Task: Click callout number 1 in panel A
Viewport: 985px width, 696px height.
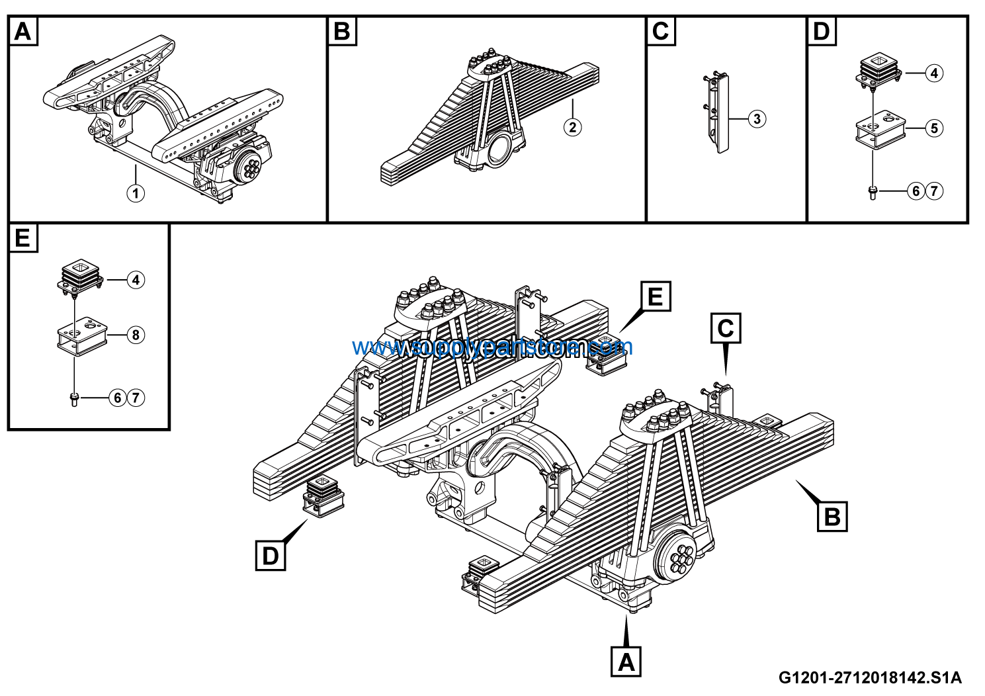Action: pyautogui.click(x=135, y=193)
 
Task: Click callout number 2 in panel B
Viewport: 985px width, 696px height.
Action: pyautogui.click(x=573, y=126)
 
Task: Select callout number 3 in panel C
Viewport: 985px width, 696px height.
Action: pyautogui.click(x=757, y=119)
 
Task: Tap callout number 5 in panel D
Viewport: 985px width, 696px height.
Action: pyautogui.click(x=933, y=128)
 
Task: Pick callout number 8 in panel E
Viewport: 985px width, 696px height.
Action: pyautogui.click(x=135, y=335)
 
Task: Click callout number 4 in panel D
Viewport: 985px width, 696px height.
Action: pyautogui.click(x=933, y=73)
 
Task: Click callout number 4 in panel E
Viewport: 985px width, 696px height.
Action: pyautogui.click(x=135, y=280)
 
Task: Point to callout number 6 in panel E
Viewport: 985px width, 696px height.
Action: pyautogui.click(x=118, y=398)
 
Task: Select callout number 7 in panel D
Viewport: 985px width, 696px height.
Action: pyautogui.click(x=933, y=191)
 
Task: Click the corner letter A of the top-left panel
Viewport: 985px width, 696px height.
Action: pyautogui.click(x=23, y=31)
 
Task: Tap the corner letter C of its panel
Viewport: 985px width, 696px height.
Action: pyautogui.click(x=661, y=31)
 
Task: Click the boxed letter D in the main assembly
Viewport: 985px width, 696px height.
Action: pyautogui.click(x=271, y=556)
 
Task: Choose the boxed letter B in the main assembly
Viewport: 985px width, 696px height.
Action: pyautogui.click(x=832, y=516)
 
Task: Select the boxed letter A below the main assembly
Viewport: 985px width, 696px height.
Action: pyautogui.click(x=626, y=661)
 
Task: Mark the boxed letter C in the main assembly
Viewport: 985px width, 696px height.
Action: pyautogui.click(x=726, y=328)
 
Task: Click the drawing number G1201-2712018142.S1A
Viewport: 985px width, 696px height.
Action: pyautogui.click(x=870, y=677)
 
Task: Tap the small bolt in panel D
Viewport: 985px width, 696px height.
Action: pyautogui.click(x=873, y=193)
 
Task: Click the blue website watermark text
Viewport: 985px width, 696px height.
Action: pyautogui.click(x=492, y=347)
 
